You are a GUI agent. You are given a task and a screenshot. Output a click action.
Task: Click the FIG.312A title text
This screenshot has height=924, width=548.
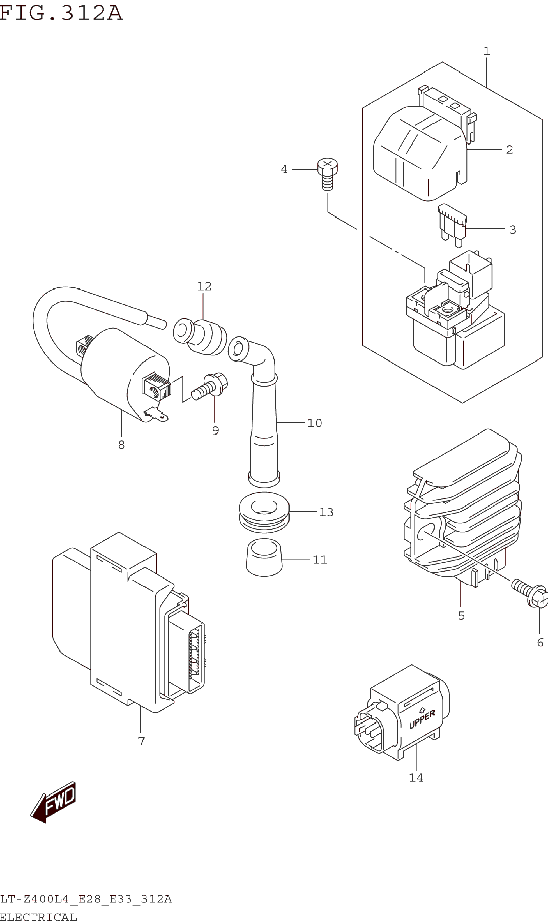pos(61,13)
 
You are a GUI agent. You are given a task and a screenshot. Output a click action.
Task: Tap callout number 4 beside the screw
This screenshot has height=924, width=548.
pos(284,169)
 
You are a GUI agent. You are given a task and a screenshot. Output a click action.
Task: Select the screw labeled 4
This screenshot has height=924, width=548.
pos(327,174)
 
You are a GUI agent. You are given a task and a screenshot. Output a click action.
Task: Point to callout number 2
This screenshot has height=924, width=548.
pos(510,150)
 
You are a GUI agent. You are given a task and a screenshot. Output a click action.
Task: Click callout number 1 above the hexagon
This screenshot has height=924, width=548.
pos(487,51)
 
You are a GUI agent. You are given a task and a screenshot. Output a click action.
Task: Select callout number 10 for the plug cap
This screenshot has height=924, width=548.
pos(315,423)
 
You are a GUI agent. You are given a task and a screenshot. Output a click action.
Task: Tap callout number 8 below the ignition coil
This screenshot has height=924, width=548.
pos(121,445)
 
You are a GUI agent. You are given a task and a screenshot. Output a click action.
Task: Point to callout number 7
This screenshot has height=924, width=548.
pos(141,741)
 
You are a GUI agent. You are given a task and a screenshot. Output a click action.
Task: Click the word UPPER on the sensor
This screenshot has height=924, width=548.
pos(422,720)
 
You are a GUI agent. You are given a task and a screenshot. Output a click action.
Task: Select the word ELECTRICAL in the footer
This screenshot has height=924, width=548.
pos(38,917)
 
